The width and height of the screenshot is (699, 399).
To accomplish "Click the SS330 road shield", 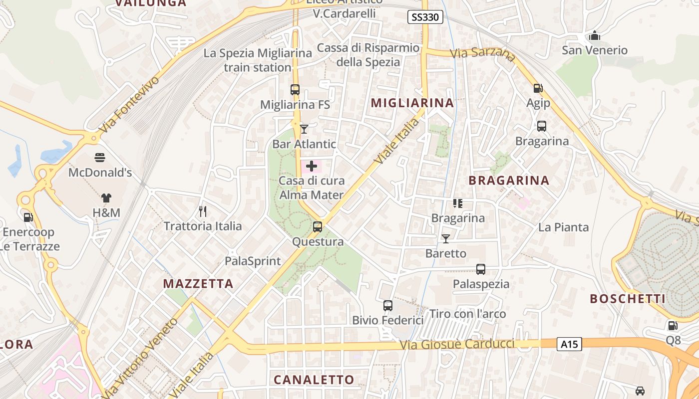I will point(425,17).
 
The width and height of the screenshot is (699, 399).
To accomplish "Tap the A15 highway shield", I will point(569,344).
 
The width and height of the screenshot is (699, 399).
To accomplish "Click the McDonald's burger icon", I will point(100,158).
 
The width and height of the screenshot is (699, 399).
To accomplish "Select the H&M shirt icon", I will point(106,198).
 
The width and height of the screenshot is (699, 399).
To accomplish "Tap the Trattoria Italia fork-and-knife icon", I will point(203,211).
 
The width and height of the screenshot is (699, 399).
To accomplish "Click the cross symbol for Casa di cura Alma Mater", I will point(312,166).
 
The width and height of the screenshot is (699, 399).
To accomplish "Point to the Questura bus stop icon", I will point(318,227).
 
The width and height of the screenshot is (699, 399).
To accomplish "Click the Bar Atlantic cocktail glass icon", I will point(304,129).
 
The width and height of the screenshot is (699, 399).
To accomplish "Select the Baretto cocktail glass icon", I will point(446,239).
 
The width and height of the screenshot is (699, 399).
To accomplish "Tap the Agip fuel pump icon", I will point(538,88).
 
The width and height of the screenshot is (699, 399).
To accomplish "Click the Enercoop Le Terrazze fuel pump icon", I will point(28,217).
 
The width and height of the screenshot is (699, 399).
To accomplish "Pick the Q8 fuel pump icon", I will point(673,326).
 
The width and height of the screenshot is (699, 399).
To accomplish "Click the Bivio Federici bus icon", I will point(388,306).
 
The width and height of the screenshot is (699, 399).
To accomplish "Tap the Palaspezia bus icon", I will point(481,269).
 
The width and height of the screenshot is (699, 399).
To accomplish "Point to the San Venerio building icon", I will point(594,35).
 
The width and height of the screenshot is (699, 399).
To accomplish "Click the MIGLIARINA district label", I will point(412,103).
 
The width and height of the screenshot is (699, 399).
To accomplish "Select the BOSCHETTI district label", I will point(628,299).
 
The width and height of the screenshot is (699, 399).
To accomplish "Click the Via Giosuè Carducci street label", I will point(457,344).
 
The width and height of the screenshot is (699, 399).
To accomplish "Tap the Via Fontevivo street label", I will point(128,104).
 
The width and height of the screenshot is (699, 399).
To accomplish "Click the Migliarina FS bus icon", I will point(295,90).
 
